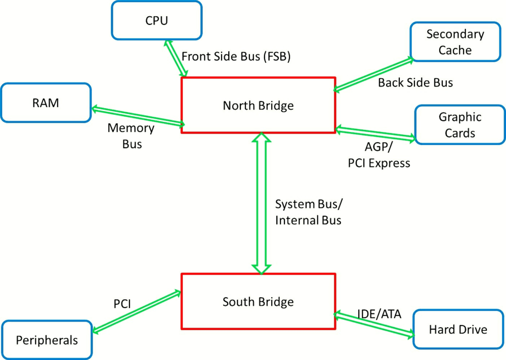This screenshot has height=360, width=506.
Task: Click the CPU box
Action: tap(157, 20)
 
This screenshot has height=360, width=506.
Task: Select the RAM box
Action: tap(46, 103)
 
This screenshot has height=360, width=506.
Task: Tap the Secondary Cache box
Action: tap(455, 41)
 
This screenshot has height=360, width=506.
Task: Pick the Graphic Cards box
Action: tap(460, 124)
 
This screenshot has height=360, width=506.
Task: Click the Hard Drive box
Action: tap(458, 329)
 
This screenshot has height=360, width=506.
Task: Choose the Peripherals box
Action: tap(47, 340)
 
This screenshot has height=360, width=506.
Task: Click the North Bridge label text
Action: tap(258, 106)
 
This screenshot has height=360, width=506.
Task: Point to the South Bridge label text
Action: tap(258, 302)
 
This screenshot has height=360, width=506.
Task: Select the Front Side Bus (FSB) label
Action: tap(236, 57)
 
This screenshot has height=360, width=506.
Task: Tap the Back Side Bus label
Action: tap(415, 82)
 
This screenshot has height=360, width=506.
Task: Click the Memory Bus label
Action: tap(131, 136)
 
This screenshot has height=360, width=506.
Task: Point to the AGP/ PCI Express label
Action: tap(379, 155)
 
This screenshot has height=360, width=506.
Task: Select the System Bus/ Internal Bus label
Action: tap(309, 212)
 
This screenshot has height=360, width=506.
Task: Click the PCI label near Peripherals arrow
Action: tap(122, 304)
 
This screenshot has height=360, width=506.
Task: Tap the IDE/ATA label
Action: tap(379, 314)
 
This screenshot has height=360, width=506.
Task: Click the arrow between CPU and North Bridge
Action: tap(176, 58)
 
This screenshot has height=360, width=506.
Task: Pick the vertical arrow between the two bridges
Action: tap(262, 203)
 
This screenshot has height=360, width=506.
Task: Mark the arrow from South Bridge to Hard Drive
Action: tap(374, 325)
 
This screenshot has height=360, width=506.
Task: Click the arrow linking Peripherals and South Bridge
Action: tap(137, 311)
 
